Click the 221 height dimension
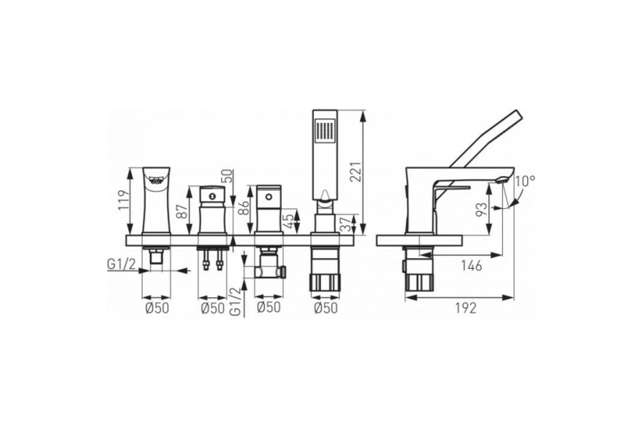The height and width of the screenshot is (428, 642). point(355,172)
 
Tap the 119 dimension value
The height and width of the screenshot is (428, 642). point(124,200)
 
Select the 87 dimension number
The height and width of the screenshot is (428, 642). point(184,211)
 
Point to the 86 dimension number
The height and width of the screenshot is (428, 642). point(244,208)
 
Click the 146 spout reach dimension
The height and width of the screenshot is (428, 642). point(471,266)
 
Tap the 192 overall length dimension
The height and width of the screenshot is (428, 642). point(466,309)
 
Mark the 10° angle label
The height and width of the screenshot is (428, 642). point(525,181)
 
